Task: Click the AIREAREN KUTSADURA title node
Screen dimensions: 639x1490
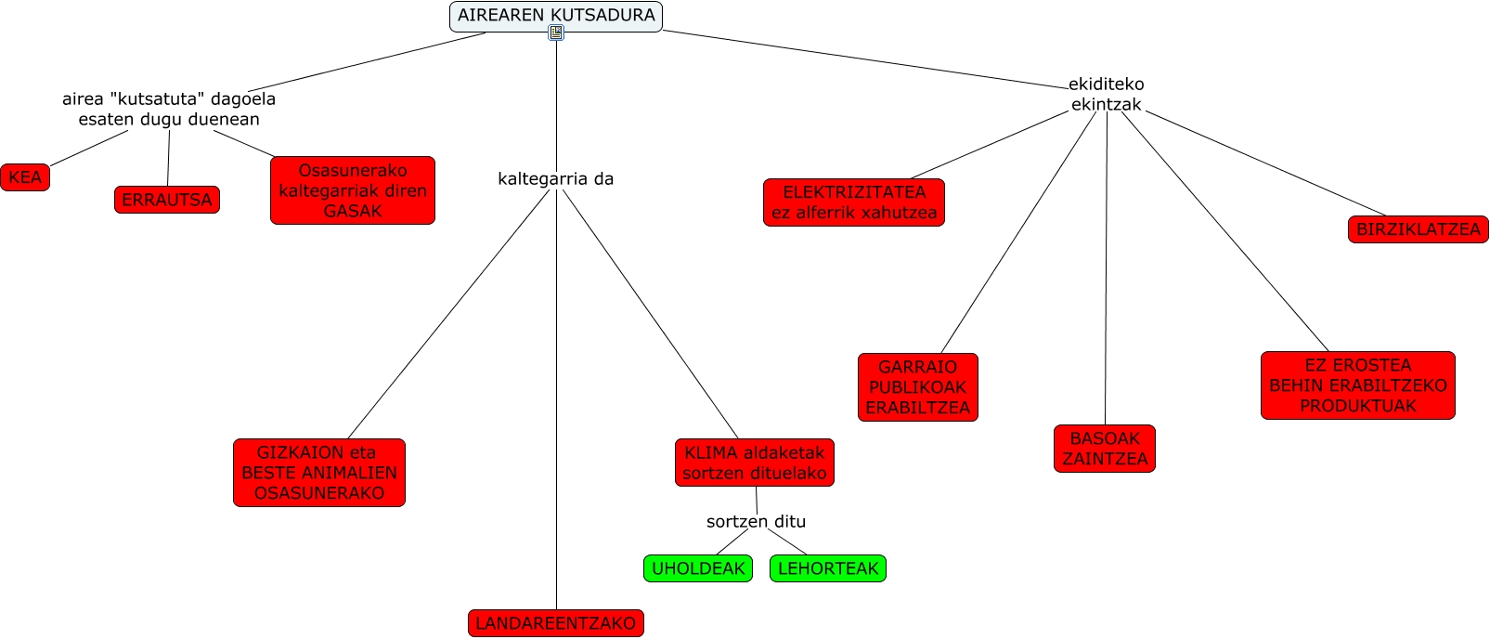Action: click(555, 15)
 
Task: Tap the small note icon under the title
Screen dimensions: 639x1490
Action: click(555, 33)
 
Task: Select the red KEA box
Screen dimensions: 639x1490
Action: click(25, 177)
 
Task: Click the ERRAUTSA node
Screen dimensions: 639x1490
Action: click(167, 200)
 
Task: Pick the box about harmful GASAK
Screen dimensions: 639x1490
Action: click(353, 190)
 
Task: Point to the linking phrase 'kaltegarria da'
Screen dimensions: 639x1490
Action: click(555, 178)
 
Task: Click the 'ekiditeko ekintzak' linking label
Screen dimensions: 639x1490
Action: click(1106, 94)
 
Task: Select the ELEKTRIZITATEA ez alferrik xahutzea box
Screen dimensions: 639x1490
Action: click(854, 202)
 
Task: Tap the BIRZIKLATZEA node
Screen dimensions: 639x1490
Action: click(1418, 229)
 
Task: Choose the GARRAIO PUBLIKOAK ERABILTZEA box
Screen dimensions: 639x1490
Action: click(917, 387)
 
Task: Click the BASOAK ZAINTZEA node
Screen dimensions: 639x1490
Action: click(1105, 449)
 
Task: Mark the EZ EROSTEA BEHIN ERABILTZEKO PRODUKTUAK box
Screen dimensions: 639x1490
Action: click(1357, 385)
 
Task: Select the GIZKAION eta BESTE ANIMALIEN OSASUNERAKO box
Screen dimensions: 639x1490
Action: click(319, 473)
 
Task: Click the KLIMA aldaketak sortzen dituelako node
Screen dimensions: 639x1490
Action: click(754, 463)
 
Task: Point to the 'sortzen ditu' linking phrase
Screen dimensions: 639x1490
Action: click(756, 521)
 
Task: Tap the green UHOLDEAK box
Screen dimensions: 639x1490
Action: click(698, 568)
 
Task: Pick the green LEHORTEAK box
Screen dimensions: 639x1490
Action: click(827, 568)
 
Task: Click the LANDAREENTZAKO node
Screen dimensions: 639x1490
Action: click(555, 623)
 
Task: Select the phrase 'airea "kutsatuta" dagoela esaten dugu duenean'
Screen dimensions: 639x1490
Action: click(169, 109)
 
